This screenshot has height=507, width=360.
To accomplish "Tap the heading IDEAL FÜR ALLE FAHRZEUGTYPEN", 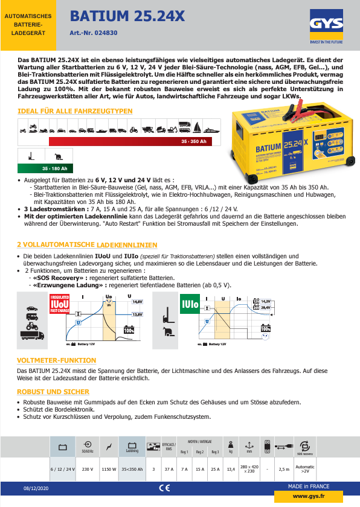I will coord(75,111).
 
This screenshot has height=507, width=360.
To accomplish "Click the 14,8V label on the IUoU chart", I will coord(137,301).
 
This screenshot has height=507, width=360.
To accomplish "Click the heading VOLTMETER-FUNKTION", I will coord(57,360).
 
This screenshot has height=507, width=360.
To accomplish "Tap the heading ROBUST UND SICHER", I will coord(53,392).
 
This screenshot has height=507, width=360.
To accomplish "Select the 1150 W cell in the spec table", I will coord(109,468).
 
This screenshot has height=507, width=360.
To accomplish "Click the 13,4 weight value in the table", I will coord(230,468).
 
